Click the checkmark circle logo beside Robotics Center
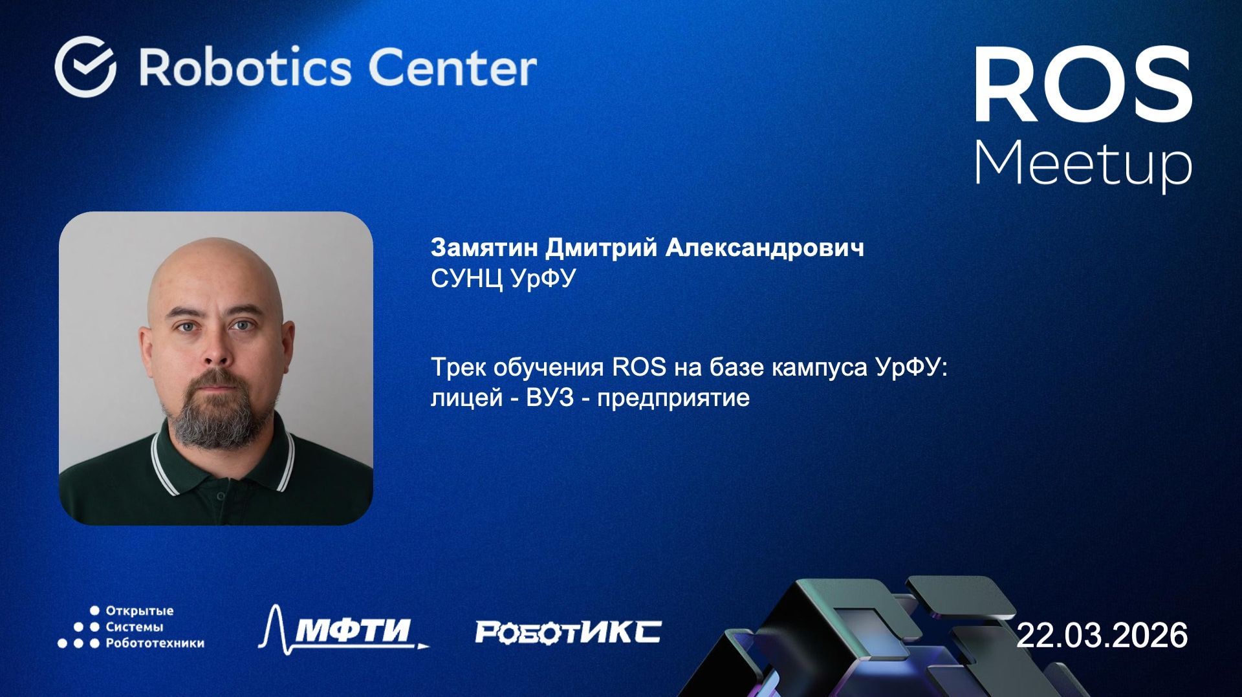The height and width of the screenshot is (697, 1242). [85, 67]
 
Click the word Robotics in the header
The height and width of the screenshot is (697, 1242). [246, 67]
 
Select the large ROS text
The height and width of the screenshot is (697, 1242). [1083, 85]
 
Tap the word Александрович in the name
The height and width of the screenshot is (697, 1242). [764, 248]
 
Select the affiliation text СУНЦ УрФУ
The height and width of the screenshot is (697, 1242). [503, 279]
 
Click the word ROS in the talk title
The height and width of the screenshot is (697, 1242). [638, 367]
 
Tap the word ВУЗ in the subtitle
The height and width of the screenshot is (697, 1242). [550, 397]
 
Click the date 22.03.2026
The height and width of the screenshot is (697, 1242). [1102, 635]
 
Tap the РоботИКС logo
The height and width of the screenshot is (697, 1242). [568, 632]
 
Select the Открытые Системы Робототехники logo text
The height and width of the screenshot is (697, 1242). [154, 627]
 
